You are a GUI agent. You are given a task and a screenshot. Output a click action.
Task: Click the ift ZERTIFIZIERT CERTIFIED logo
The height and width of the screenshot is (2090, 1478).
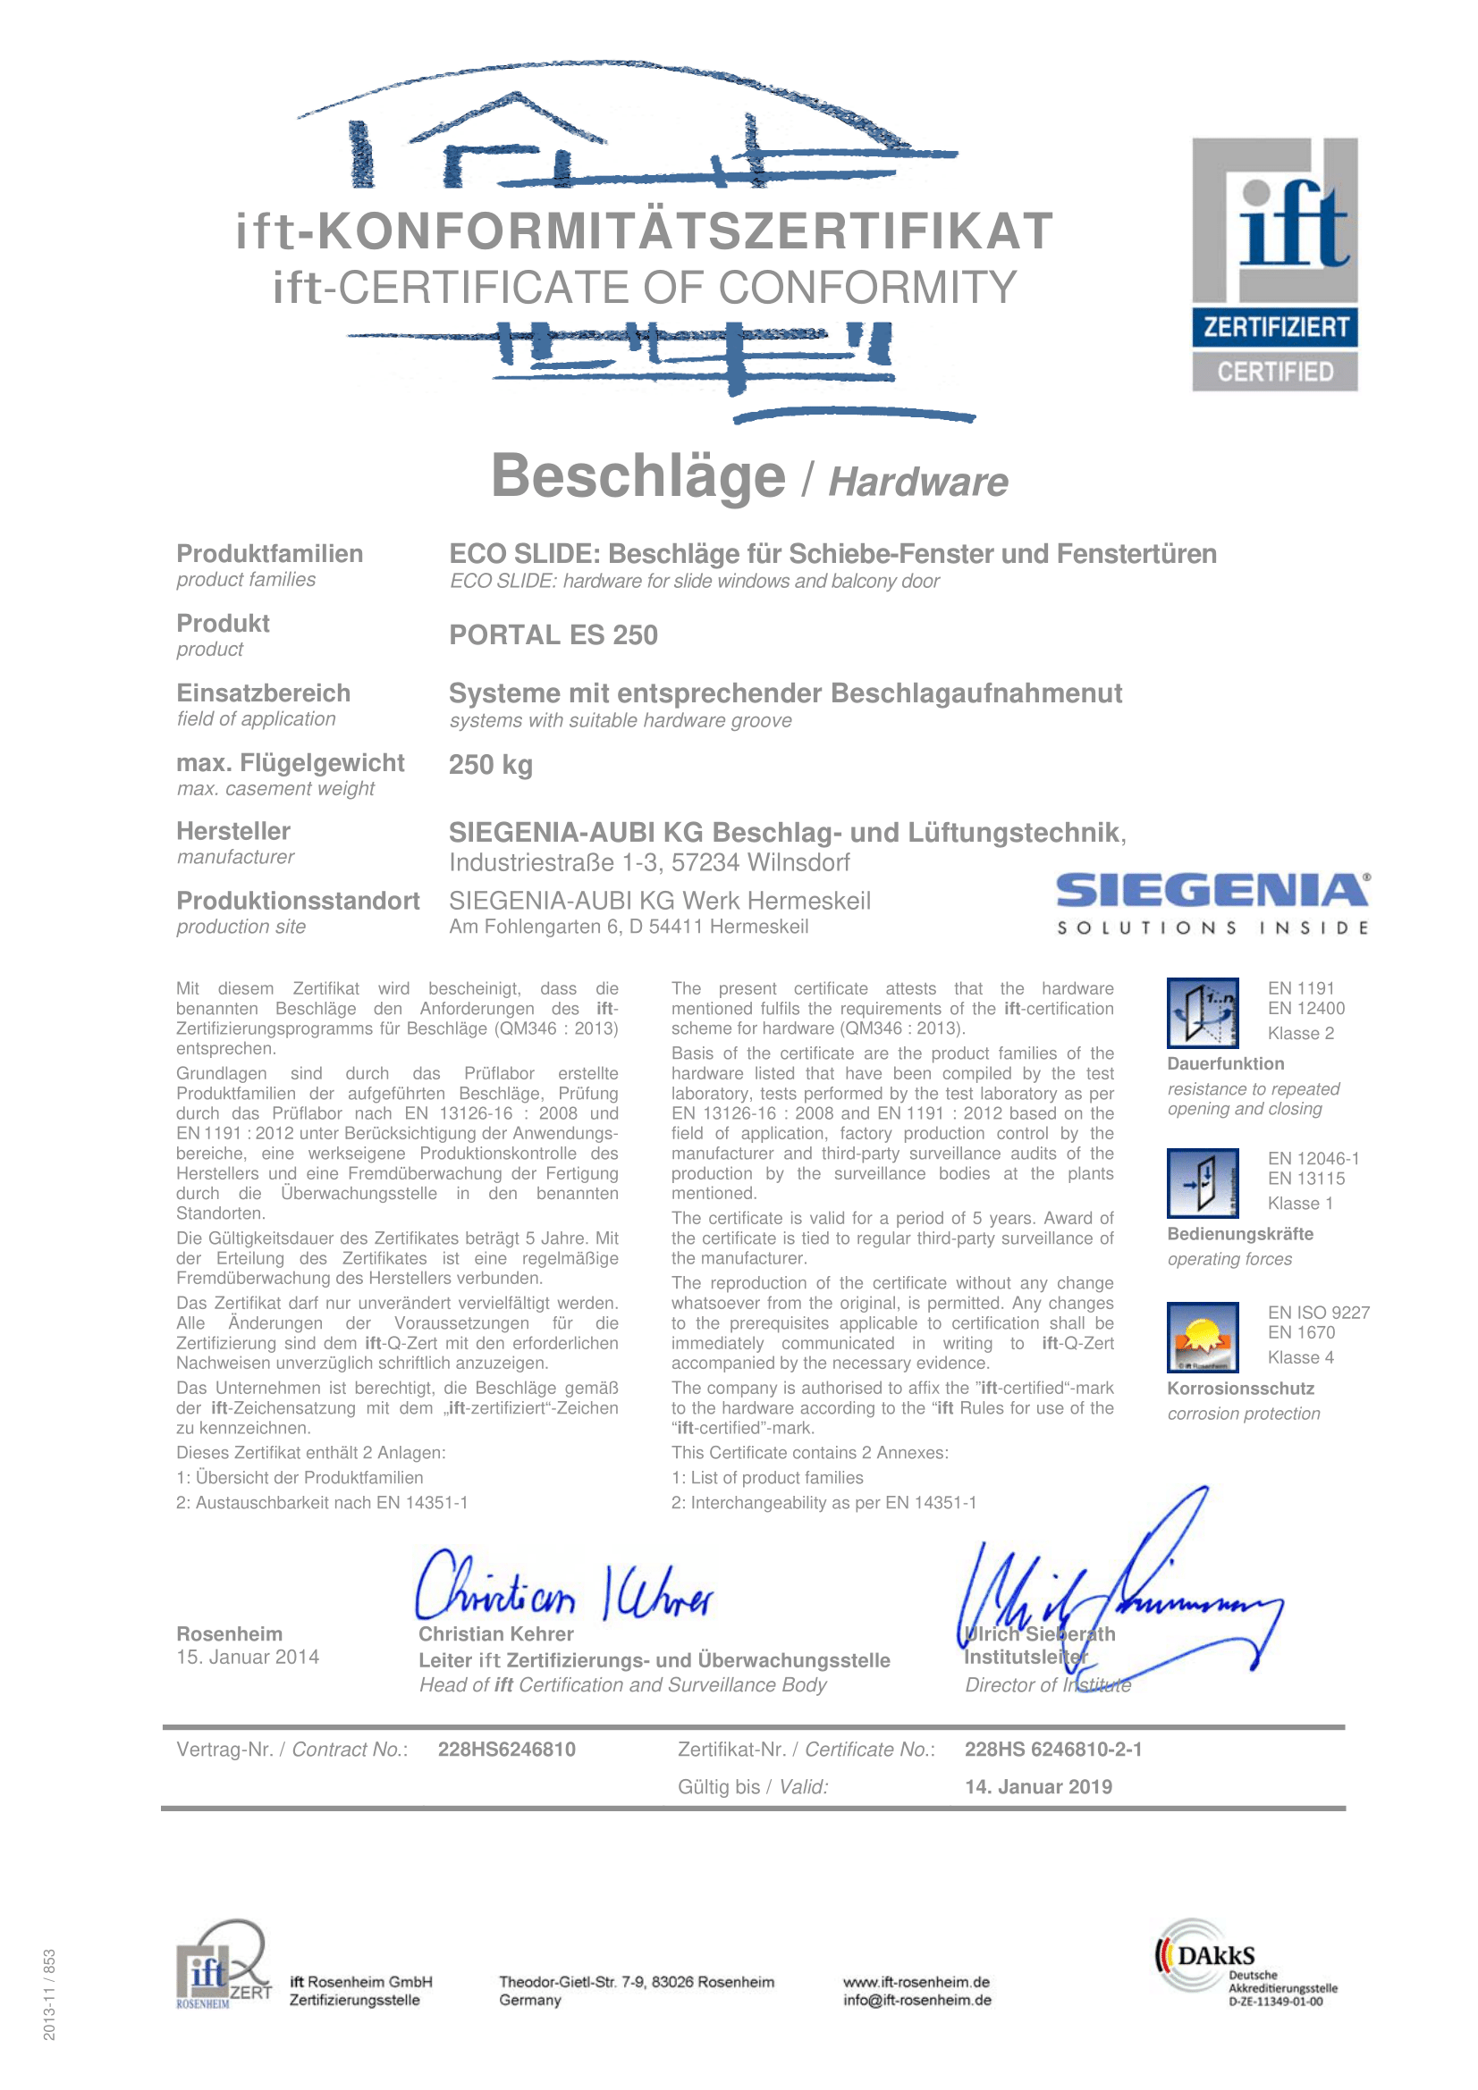1274,264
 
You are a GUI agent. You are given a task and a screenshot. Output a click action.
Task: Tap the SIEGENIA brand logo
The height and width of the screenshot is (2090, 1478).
1212,902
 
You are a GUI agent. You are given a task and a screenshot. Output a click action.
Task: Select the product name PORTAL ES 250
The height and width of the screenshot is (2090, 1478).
553,634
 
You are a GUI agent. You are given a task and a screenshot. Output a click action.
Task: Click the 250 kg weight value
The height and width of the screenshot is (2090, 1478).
490,765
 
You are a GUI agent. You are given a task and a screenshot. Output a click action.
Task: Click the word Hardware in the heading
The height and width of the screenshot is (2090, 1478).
918,483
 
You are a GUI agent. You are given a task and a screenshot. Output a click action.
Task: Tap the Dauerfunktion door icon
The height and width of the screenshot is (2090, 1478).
1202,1012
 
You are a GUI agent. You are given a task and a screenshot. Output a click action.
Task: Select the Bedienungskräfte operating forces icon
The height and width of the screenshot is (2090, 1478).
1202,1182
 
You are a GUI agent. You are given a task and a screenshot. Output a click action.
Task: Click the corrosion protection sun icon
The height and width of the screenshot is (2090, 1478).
1202,1336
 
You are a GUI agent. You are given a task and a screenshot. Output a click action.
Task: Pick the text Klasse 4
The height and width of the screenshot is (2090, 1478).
1300,1357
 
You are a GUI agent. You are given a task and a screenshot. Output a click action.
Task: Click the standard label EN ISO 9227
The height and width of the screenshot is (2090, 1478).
1318,1312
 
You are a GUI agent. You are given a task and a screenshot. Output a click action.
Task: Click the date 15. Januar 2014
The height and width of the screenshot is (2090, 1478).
248,1657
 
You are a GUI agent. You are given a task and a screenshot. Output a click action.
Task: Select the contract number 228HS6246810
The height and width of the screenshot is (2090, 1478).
506,1750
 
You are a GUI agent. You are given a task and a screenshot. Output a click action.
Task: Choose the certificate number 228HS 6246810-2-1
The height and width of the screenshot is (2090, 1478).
1052,1750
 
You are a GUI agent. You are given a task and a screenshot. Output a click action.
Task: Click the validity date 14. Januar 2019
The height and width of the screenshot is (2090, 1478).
1038,1787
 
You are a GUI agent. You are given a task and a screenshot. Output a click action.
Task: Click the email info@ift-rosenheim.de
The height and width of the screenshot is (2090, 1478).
916,2000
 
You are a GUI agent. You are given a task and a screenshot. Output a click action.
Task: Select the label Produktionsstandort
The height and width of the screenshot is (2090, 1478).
298,901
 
